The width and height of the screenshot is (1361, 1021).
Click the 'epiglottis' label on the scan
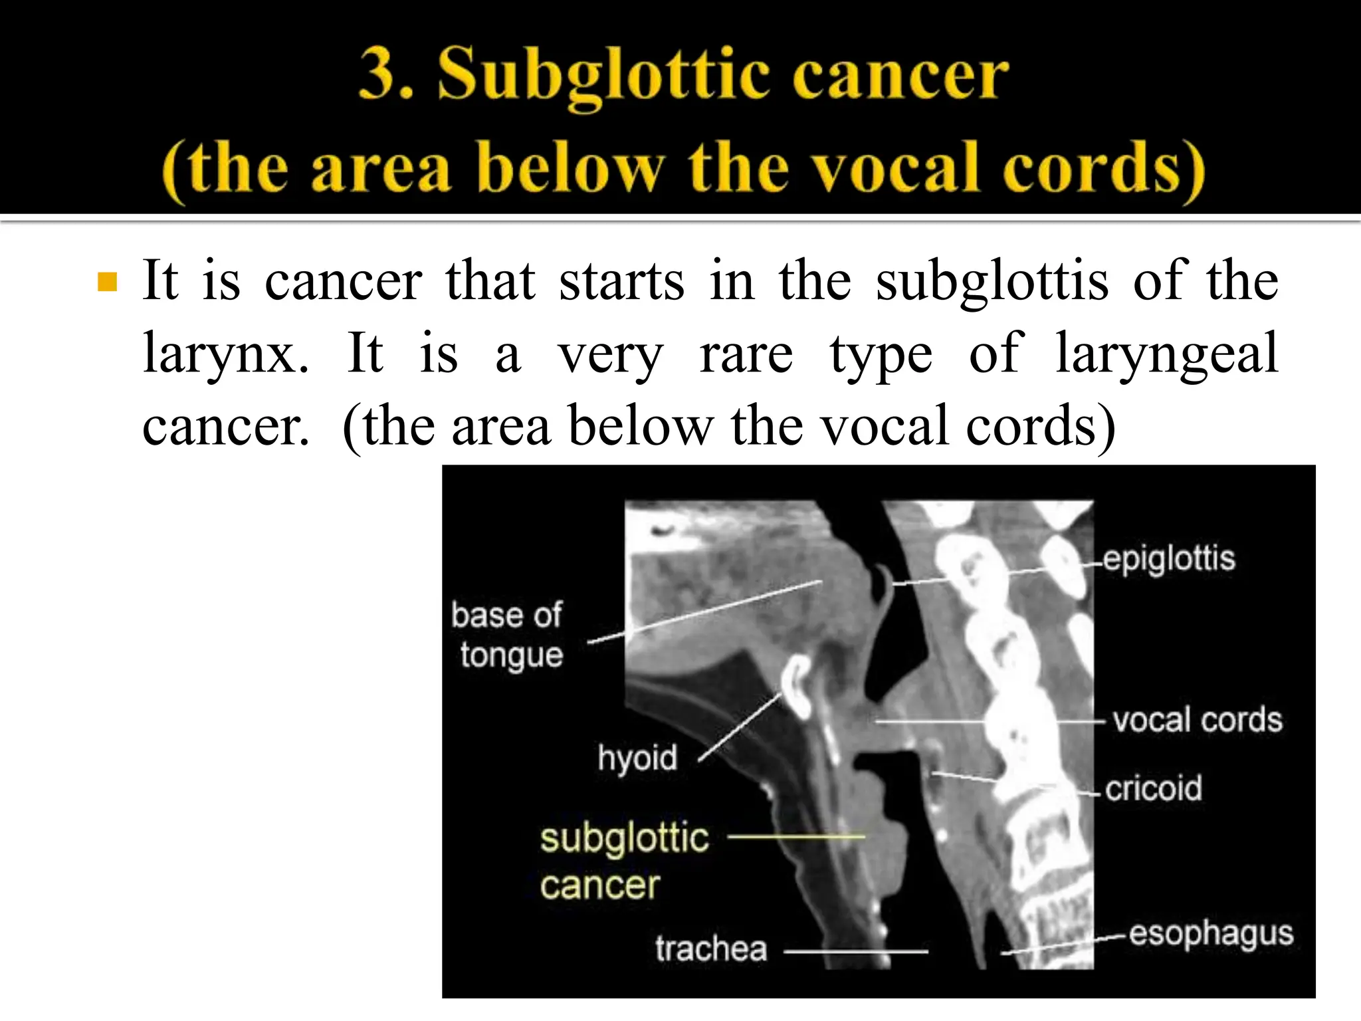click(x=1169, y=559)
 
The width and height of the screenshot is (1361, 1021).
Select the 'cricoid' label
click(x=1154, y=788)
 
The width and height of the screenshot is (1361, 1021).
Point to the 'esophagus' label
click(x=1211, y=933)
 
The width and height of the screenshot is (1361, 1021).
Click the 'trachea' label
click(x=711, y=949)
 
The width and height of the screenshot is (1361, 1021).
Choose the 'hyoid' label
click(x=637, y=758)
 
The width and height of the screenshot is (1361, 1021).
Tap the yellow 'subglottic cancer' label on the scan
click(x=624, y=861)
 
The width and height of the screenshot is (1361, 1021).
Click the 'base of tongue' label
click(x=508, y=635)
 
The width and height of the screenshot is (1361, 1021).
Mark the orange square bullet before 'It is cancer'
click(x=107, y=282)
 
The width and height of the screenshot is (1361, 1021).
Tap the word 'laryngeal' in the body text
click(x=1166, y=354)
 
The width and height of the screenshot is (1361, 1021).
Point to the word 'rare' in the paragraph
click(x=746, y=354)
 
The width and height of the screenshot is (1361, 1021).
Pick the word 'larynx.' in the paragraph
click(x=226, y=354)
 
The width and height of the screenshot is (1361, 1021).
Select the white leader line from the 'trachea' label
click(x=856, y=951)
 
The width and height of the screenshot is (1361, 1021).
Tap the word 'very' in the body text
click(x=610, y=354)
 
